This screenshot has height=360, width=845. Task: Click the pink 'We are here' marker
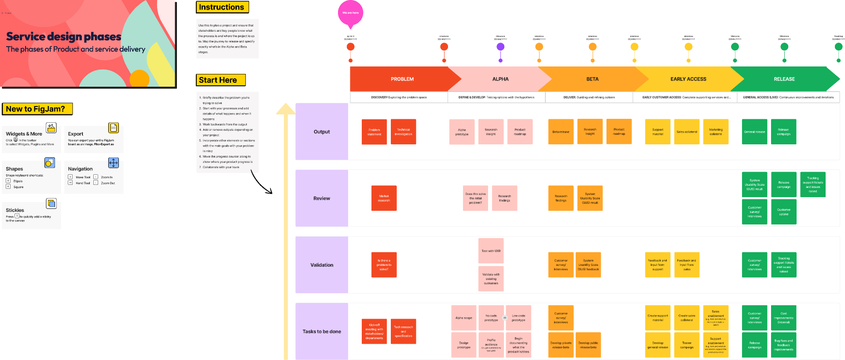[x=350, y=12]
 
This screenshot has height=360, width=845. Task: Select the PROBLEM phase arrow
[x=402, y=79]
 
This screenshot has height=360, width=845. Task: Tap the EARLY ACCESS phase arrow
[x=688, y=79]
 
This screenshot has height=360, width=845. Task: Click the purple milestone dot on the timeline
[x=500, y=47]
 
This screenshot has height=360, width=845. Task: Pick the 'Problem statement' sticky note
[x=374, y=132]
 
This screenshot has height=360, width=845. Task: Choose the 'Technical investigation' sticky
[x=403, y=132]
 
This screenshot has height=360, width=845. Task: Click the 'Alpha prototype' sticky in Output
[x=462, y=132]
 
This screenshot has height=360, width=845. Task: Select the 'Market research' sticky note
[x=384, y=198]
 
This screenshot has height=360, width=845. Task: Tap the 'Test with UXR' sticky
[x=491, y=251]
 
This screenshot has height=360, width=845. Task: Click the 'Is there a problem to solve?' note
[x=384, y=264]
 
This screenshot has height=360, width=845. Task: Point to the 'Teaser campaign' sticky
[x=687, y=345]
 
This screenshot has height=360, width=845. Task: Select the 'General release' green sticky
[x=754, y=132]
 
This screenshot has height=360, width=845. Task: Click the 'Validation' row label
[x=322, y=265]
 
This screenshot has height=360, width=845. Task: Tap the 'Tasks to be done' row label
[x=322, y=331]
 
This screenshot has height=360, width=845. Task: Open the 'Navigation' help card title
[x=80, y=169]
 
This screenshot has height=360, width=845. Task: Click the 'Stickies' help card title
[x=15, y=210]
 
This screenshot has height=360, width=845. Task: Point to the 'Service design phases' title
[x=63, y=37]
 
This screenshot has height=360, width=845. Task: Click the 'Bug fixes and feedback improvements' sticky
[x=783, y=345]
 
